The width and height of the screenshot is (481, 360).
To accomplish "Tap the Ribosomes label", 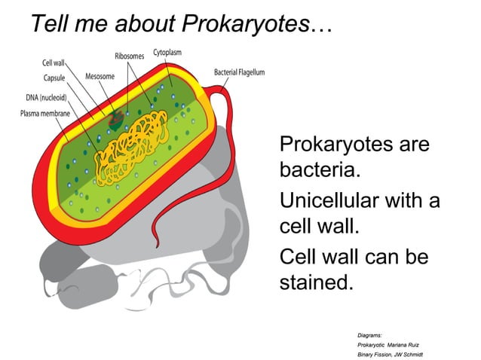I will pos(130,56).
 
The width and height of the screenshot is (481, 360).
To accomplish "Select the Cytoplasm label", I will pos(167,52).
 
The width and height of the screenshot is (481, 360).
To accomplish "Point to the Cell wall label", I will pos(53,63).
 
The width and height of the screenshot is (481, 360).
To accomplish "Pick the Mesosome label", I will pos(100,77).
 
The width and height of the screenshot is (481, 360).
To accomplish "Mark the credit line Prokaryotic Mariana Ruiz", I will pos(391,343).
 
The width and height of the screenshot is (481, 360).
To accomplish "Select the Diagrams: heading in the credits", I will pos(369,333).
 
